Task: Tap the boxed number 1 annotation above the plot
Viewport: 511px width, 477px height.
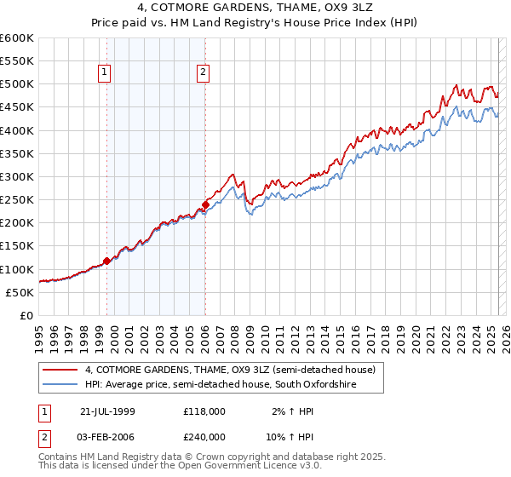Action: (x=104, y=73)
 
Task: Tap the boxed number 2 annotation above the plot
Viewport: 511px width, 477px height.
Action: (x=203, y=73)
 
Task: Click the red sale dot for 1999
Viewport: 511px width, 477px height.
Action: (x=107, y=261)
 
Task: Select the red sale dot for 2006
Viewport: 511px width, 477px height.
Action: (x=205, y=204)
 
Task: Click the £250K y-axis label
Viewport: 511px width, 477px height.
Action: (x=17, y=200)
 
